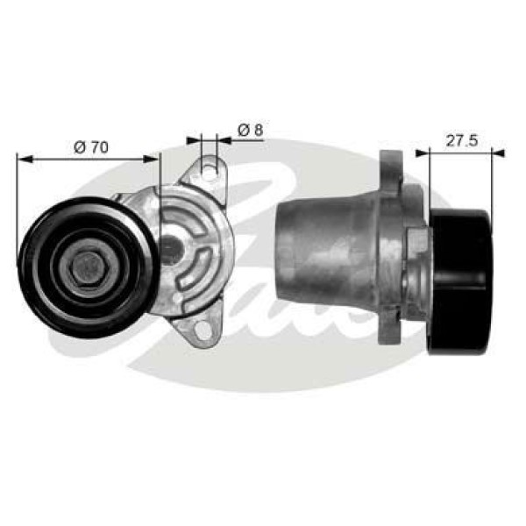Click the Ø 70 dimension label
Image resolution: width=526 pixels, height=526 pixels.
pyautogui.click(x=92, y=147)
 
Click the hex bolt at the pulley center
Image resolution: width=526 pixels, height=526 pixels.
pyautogui.click(x=87, y=267)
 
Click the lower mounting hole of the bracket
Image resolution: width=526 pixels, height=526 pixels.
pyautogui.click(x=203, y=331)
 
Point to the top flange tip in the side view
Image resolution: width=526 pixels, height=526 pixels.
pyautogui.click(x=389, y=160)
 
